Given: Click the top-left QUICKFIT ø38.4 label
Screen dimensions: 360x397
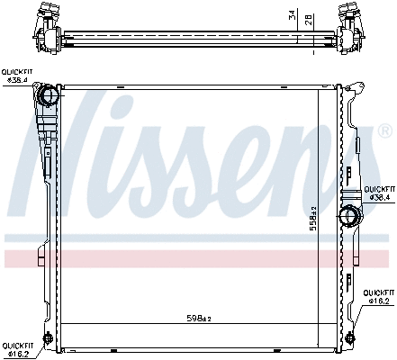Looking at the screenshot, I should (18, 76).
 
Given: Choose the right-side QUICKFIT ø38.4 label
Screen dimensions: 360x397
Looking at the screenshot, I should (378, 193).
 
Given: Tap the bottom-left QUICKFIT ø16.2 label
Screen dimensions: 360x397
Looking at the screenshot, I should (18, 349).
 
